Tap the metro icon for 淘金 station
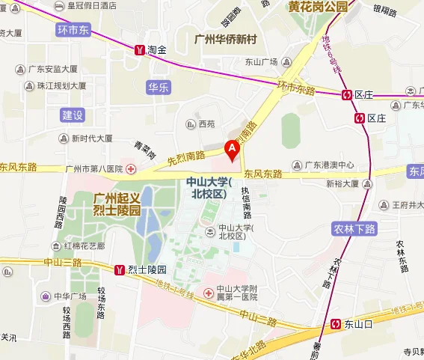click(x=140, y=50)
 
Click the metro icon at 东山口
click(x=337, y=324)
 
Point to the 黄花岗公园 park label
click(x=319, y=7)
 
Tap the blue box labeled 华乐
click(x=159, y=86)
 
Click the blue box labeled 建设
click(x=73, y=115)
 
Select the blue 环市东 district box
click(x=73, y=30)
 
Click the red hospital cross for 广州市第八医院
click(x=132, y=168)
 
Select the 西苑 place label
click(x=206, y=123)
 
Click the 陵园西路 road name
click(x=63, y=213)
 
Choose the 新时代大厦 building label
click(x=92, y=138)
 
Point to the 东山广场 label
click(x=261, y=62)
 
